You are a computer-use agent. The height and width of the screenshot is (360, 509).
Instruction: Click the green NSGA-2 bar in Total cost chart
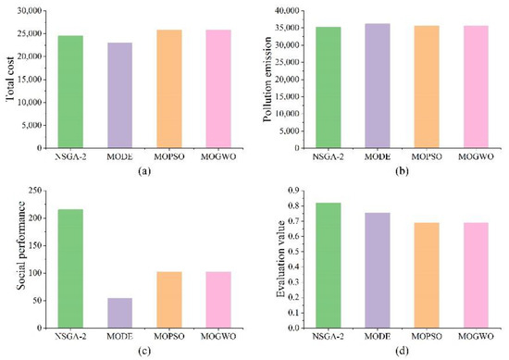click(70, 92)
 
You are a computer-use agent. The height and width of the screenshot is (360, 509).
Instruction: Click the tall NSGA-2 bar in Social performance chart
click(70, 268)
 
